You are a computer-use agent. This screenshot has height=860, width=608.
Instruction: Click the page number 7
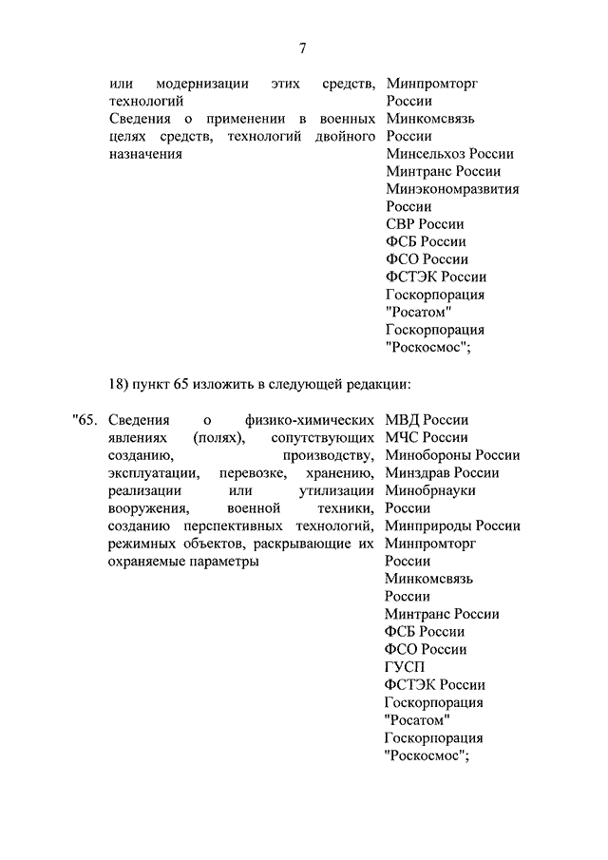[x=303, y=48]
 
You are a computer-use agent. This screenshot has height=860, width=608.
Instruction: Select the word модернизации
[x=202, y=84]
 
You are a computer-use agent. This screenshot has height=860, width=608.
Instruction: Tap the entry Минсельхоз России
[x=449, y=154]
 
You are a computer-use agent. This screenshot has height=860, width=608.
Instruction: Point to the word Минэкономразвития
[x=452, y=189]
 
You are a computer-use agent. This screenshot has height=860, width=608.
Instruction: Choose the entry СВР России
[x=425, y=224]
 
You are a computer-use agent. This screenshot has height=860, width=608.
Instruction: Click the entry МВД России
[x=427, y=420]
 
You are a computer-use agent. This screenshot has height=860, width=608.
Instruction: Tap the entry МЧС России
[x=427, y=437]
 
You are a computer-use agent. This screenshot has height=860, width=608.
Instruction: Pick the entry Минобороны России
[x=452, y=455]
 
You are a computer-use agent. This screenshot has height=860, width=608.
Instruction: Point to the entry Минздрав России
[x=442, y=472]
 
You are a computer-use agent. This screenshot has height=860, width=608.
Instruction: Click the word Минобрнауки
[x=430, y=490]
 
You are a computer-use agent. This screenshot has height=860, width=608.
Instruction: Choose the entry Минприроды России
[x=452, y=526]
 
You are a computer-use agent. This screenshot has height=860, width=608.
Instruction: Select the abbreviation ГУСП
[x=406, y=667]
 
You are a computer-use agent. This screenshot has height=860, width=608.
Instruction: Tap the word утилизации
[x=335, y=490]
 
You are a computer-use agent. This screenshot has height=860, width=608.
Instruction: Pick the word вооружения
[x=144, y=508]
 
